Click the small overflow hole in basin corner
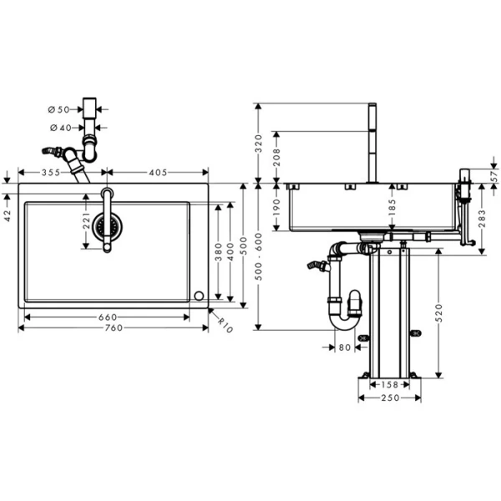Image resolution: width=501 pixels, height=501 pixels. click(x=199, y=296)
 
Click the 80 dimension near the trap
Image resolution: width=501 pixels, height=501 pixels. click(x=346, y=347)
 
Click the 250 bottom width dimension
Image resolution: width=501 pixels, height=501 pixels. click(x=389, y=397)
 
